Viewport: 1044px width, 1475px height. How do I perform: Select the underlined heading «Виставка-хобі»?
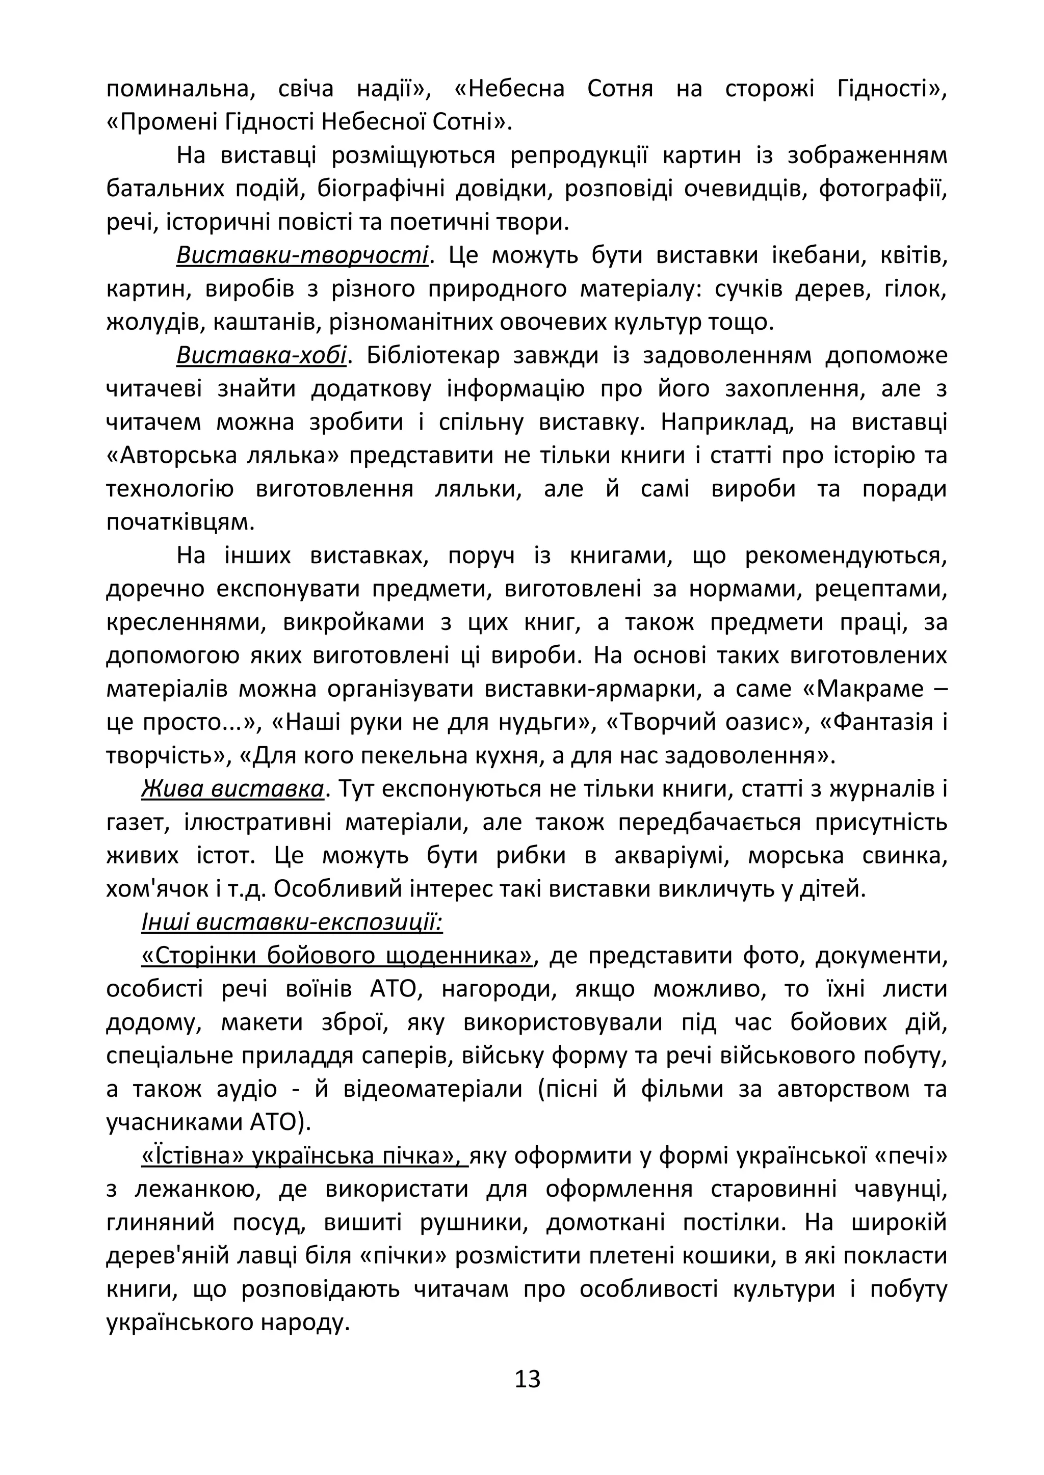[x=261, y=355]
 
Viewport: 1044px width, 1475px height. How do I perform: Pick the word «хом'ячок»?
[x=148, y=889]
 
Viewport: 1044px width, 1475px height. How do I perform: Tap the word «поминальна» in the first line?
[x=180, y=89]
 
